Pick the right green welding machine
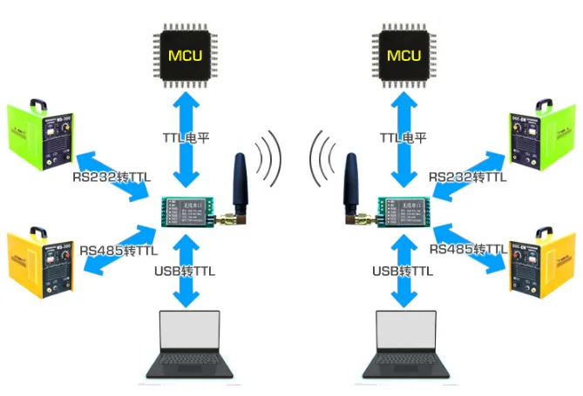tap(541, 135)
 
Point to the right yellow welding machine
tap(542, 262)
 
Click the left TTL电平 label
tap(185, 138)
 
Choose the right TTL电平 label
tap(403, 138)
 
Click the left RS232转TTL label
tap(111, 178)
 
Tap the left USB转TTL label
tap(184, 272)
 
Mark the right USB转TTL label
tap(403, 272)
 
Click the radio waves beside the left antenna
tap(269, 158)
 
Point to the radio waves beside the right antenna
tap(322, 158)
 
